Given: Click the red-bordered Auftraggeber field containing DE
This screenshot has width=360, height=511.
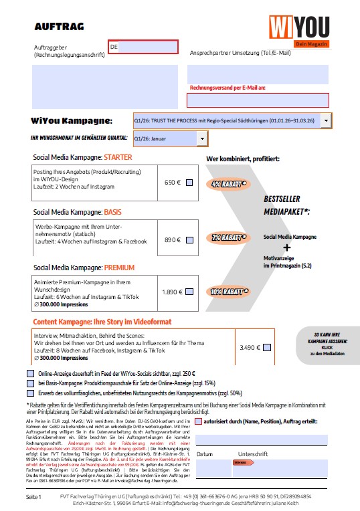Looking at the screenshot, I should pos(143,47).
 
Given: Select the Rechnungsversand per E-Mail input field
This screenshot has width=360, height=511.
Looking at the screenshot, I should pos(258,100).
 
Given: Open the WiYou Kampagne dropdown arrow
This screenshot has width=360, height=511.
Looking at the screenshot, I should pos(325,121).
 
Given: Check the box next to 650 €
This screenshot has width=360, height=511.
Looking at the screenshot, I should pos(189,183).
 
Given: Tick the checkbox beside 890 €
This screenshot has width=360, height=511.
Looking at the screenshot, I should pos(189,239).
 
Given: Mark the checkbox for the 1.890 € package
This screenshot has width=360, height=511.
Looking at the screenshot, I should pos(189,292).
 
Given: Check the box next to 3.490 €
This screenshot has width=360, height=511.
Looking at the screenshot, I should pos(267,347).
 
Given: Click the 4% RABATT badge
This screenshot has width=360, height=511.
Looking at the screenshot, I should pos(226,183).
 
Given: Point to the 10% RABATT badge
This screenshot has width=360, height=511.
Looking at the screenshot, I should pos(226,292).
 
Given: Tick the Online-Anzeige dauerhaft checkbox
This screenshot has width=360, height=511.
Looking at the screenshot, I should pos(30,373).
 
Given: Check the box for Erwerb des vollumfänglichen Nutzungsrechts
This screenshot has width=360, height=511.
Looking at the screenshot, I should pos(30,393).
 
